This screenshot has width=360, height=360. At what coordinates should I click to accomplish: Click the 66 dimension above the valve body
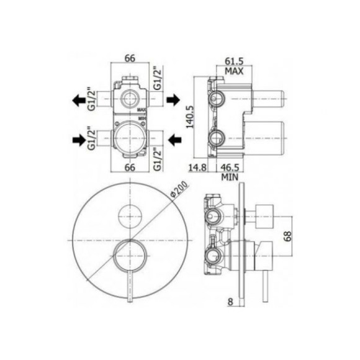[x=130, y=58]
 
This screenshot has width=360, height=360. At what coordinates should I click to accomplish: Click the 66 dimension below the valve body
[x=130, y=167]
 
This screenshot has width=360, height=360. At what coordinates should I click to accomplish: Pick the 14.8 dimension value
[x=199, y=167]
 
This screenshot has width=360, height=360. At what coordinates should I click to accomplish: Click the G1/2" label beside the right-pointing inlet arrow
[x=93, y=141]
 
